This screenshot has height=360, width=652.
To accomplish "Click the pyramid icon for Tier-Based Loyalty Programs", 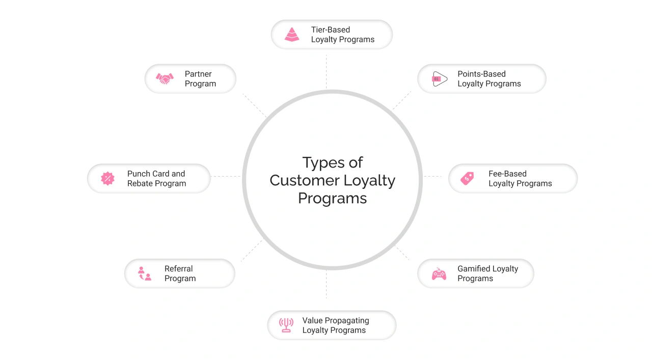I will pyautogui.click(x=292, y=35).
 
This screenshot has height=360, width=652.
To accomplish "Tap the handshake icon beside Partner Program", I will pyautogui.click(x=165, y=79).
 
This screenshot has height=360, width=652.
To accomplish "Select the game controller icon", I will pyautogui.click(x=439, y=274).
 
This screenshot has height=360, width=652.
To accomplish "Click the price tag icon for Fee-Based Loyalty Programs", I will pyautogui.click(x=467, y=178).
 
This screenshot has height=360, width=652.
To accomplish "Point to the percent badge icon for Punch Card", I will pyautogui.click(x=107, y=178).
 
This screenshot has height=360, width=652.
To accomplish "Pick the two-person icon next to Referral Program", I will pyautogui.click(x=145, y=273).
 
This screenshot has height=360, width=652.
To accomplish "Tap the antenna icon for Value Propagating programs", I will pyautogui.click(x=286, y=325).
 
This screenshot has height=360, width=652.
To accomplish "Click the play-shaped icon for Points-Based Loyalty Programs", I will pyautogui.click(x=440, y=79).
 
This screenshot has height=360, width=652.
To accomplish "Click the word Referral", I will pyautogui.click(x=178, y=268).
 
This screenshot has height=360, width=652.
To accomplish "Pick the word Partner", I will pyautogui.click(x=198, y=74).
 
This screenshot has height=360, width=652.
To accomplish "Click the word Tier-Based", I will pyautogui.click(x=331, y=30).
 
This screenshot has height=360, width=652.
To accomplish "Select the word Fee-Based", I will pyautogui.click(x=507, y=174).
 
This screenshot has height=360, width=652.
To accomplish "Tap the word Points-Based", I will pyautogui.click(x=481, y=74).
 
